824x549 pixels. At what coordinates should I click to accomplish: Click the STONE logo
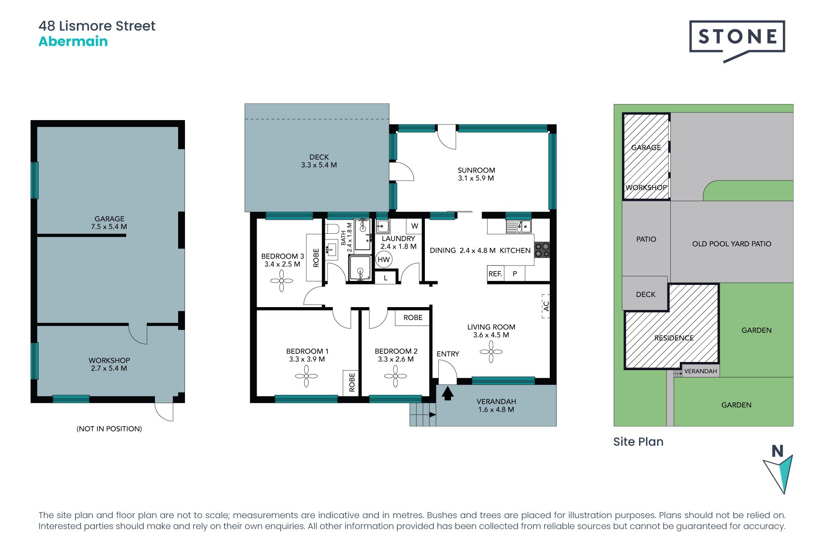pos(737,37)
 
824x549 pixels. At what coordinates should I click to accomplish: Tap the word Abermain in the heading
pos(73,42)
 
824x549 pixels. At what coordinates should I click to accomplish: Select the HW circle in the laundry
pos(383,259)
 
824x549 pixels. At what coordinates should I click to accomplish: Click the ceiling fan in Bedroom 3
pos(282,281)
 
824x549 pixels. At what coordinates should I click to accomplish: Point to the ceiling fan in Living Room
pos(491,352)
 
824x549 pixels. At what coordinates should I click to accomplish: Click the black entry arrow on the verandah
pos(448,393)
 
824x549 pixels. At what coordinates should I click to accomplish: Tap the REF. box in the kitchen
pos(495,274)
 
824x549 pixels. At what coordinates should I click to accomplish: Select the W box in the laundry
pos(414,226)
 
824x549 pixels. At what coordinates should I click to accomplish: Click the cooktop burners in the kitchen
pos(542,250)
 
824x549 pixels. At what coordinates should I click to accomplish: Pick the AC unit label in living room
pos(546,306)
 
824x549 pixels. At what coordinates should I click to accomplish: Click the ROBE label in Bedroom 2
pos(412,318)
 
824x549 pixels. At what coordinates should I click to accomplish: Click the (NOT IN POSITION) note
pos(109,429)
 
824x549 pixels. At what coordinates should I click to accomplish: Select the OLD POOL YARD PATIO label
pos(731,244)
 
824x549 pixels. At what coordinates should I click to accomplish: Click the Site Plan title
pos(638,442)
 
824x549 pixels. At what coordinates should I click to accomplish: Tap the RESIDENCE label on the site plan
pos(674,338)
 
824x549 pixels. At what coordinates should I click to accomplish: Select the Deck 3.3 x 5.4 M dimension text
pos(318,165)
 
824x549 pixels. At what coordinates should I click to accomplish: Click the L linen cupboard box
pos(385,278)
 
